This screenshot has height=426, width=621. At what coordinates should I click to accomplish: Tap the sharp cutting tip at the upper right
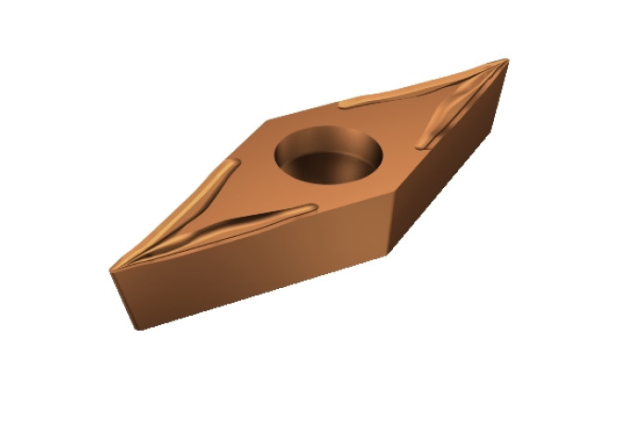point(507,60)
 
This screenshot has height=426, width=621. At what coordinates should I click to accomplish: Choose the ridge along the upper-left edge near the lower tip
point(209,199)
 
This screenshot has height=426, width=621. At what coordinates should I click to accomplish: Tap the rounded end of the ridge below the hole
point(311,209)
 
